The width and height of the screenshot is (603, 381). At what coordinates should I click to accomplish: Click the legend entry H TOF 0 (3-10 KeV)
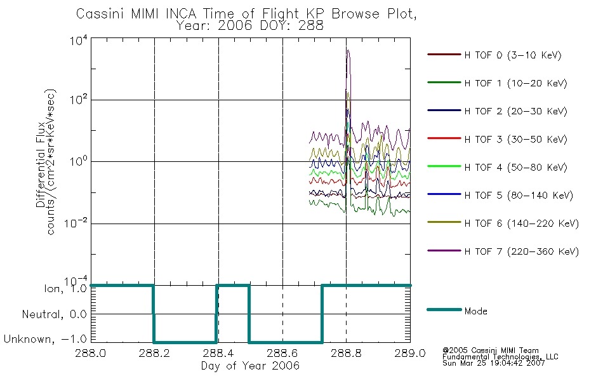494,55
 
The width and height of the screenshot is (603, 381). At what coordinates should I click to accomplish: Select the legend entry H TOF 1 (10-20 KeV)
497,83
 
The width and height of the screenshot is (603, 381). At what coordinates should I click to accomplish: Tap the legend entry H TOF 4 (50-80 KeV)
497,167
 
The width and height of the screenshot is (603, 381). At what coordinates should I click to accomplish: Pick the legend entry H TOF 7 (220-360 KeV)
503,251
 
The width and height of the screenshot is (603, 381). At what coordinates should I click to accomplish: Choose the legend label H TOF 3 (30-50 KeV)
515,139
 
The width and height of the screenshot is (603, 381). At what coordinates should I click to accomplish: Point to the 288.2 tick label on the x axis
154,353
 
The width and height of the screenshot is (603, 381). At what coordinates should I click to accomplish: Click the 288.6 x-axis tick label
282,353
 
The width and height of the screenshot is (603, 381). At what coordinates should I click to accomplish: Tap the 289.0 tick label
410,353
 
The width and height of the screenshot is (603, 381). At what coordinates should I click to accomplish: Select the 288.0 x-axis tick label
90,353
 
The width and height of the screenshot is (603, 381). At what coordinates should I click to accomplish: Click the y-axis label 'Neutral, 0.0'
54,314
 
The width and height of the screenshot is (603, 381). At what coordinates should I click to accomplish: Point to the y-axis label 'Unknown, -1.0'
45,339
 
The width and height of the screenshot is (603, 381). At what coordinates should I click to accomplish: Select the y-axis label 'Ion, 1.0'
65,288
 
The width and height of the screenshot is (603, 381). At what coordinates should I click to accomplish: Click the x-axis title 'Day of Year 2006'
250,366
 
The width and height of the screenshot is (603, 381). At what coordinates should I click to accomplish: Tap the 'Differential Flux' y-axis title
41,164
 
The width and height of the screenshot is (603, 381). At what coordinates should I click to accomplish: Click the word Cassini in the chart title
100,14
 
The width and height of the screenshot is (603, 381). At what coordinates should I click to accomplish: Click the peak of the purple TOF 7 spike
348,50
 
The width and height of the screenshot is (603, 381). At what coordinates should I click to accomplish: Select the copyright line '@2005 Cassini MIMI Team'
490,351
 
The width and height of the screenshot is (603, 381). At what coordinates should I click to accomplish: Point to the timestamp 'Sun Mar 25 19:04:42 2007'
493,363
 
